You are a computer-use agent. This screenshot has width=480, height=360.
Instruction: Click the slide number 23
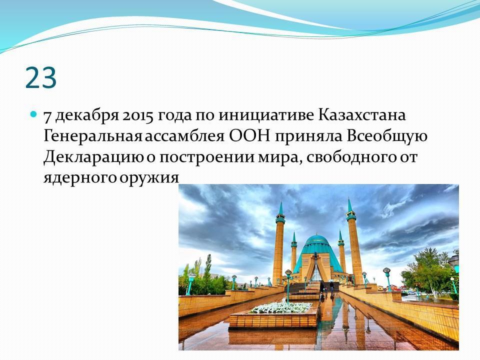coord(41,78)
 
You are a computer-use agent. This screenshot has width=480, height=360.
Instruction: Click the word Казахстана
coord(362,115)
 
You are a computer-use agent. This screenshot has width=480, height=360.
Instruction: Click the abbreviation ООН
coord(250,136)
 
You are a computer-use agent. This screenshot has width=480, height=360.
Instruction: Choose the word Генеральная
coord(93,136)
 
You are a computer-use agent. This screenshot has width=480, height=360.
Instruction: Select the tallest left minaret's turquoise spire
coord(280,209)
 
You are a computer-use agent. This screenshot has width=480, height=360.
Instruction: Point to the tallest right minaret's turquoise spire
coord(350,206)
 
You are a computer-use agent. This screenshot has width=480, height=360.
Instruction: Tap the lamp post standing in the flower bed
coord(288,286)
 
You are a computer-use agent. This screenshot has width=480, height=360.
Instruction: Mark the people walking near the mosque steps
coord(326,288)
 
